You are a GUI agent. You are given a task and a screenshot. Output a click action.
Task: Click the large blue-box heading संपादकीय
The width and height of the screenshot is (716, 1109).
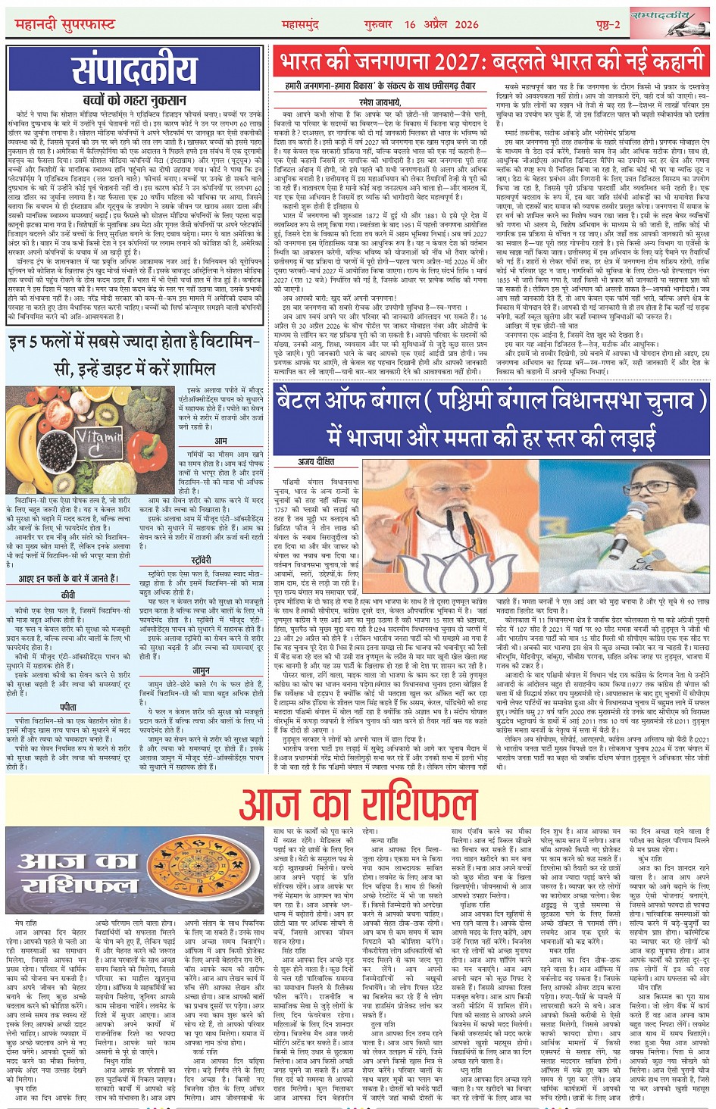pyautogui.click(x=135, y=70)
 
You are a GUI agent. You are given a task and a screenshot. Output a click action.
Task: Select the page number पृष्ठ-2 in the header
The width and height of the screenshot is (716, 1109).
pyautogui.click(x=608, y=25)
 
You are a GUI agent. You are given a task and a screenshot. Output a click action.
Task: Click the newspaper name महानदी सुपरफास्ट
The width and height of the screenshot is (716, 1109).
pyautogui.click(x=65, y=25)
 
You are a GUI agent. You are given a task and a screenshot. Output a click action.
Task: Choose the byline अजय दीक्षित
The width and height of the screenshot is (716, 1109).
pyautogui.click(x=316, y=461)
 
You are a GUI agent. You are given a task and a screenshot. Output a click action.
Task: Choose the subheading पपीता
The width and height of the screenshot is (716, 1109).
pyautogui.click(x=68, y=707)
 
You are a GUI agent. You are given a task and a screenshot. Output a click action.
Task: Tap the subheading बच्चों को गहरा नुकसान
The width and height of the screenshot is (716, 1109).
pyautogui.click(x=135, y=100)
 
